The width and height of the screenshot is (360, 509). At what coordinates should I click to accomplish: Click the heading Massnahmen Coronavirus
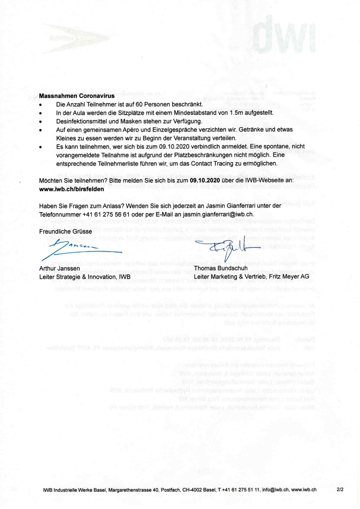[x=77, y=96]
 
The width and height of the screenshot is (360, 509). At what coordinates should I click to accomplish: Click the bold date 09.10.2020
[x=205, y=180]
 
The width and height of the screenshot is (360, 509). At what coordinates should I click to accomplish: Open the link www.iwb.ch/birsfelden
[x=71, y=189]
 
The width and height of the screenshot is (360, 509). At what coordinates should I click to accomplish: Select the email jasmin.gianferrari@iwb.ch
[x=218, y=214]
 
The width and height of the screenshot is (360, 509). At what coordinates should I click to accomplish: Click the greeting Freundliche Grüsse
[x=66, y=232]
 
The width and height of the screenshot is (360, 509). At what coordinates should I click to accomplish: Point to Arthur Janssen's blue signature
[x=82, y=250]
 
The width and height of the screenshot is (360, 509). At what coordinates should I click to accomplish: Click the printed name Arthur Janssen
[x=60, y=268]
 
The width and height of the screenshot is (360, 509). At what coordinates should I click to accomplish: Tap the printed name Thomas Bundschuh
[x=221, y=268]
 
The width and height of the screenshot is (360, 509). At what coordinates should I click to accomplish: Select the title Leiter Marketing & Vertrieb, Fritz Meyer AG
[x=251, y=277]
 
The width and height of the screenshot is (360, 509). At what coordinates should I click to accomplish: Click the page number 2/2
[x=340, y=489]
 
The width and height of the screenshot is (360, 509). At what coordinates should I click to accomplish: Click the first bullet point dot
[x=41, y=105]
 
